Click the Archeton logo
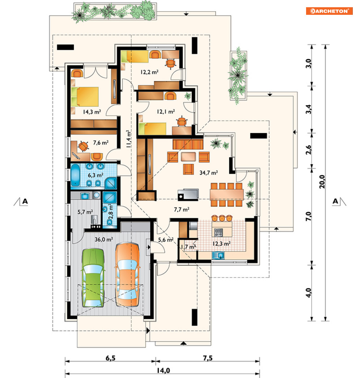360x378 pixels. pyautogui.click(x=329, y=11)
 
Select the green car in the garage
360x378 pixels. pyautogui.click(x=93, y=278)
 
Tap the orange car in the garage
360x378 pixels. pyautogui.click(x=127, y=275)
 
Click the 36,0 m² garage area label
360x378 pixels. pyautogui.click(x=103, y=239)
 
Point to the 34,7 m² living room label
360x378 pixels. pyautogui.click(x=208, y=173)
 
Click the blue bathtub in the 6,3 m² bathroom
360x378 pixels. pyautogui.click(x=75, y=175)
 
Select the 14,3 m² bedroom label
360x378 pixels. pyautogui.click(x=92, y=112)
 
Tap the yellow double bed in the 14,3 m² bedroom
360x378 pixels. pyautogui.click(x=85, y=97)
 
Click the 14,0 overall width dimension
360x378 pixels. pyautogui.click(x=163, y=370)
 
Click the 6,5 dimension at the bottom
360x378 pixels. pyautogui.click(x=110, y=358)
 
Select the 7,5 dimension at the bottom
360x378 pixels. pyautogui.click(x=208, y=358)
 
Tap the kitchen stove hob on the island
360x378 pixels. pyautogui.click(x=219, y=232)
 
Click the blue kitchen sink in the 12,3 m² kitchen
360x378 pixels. pyautogui.click(x=218, y=255)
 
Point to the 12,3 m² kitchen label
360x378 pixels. pyautogui.click(x=221, y=244)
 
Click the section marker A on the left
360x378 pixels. pyautogui.click(x=25, y=201)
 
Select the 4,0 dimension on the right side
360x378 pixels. pyautogui.click(x=309, y=293)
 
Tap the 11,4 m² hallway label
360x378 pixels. pyautogui.click(x=128, y=139)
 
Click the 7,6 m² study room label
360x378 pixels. pyautogui.click(x=101, y=143)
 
